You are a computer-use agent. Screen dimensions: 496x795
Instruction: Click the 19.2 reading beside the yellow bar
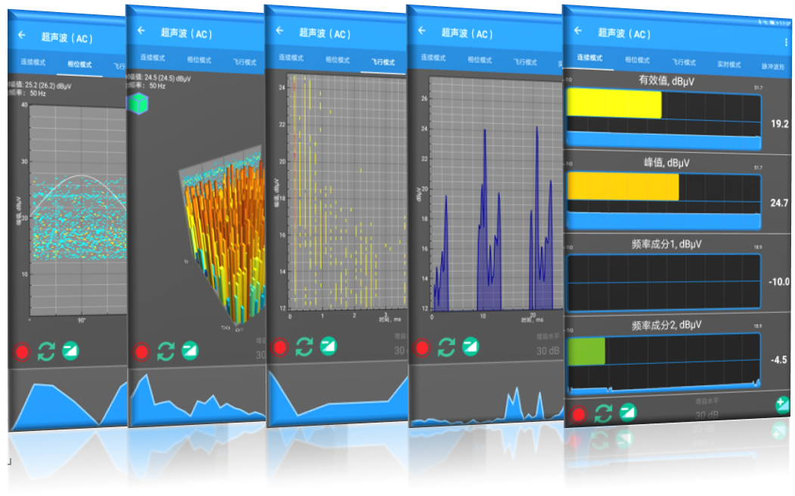point(779,124)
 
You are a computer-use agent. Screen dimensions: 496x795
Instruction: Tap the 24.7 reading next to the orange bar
point(779,203)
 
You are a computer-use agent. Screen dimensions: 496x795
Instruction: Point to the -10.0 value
point(778,282)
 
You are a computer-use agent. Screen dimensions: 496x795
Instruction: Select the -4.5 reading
point(780,361)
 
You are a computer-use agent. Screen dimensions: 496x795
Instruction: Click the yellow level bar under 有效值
point(614,104)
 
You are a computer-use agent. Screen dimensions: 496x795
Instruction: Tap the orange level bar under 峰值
point(623,187)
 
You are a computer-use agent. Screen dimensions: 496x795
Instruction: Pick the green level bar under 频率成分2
point(586,351)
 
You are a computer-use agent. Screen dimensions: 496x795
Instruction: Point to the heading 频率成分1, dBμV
point(663,244)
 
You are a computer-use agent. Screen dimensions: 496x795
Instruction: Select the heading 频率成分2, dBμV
point(663,325)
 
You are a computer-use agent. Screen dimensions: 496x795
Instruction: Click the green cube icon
point(138,104)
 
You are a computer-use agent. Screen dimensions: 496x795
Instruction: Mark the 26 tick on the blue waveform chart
point(424,98)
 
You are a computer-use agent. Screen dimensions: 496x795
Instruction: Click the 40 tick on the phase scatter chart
point(24,105)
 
